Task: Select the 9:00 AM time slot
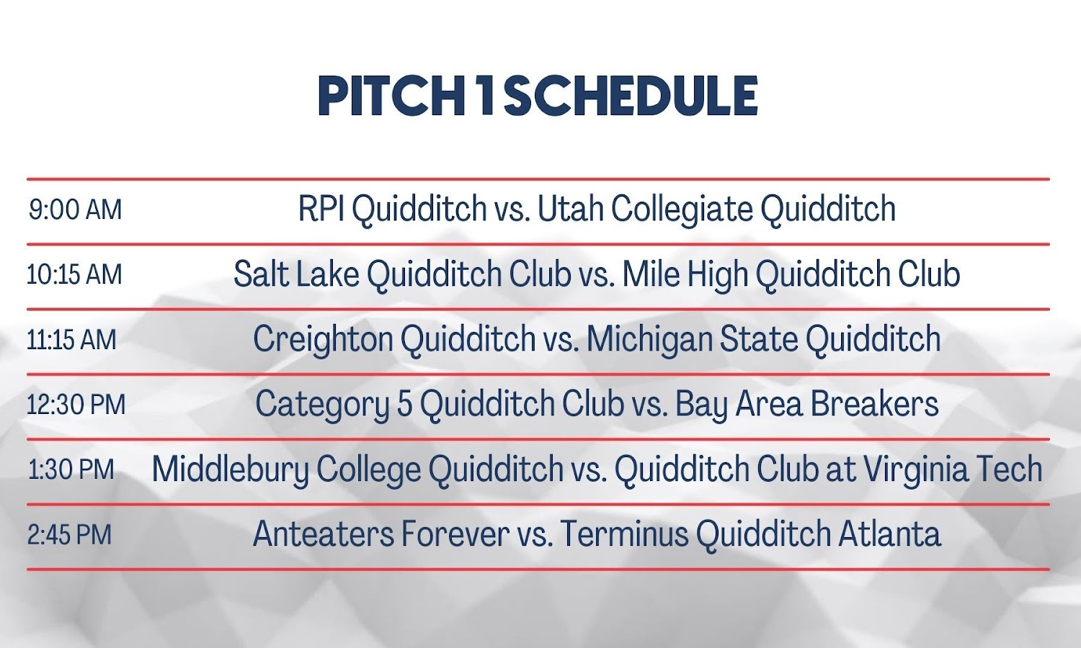pos(75,210)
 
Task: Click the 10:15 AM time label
pos(75,275)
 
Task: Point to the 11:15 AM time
pos(72,340)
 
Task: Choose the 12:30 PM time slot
pos(76,405)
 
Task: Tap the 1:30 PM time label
pos(71,469)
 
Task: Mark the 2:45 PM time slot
pos(69,535)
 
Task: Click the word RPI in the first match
pos(321,208)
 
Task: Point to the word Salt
pos(261,274)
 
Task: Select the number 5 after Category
pos(405,404)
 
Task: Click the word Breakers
pos(874,403)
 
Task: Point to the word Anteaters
pos(323,534)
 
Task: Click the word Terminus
pos(625,534)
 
